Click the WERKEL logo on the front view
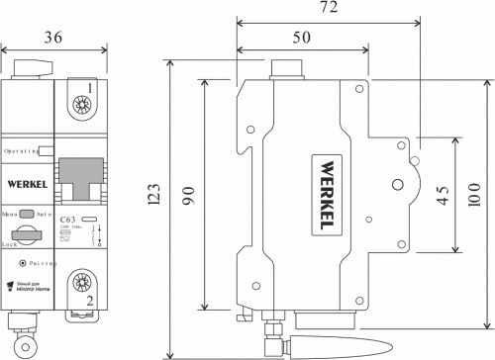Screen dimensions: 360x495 point(28,183)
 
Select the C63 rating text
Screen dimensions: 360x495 point(68,220)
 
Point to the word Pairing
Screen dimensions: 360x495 point(38,264)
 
